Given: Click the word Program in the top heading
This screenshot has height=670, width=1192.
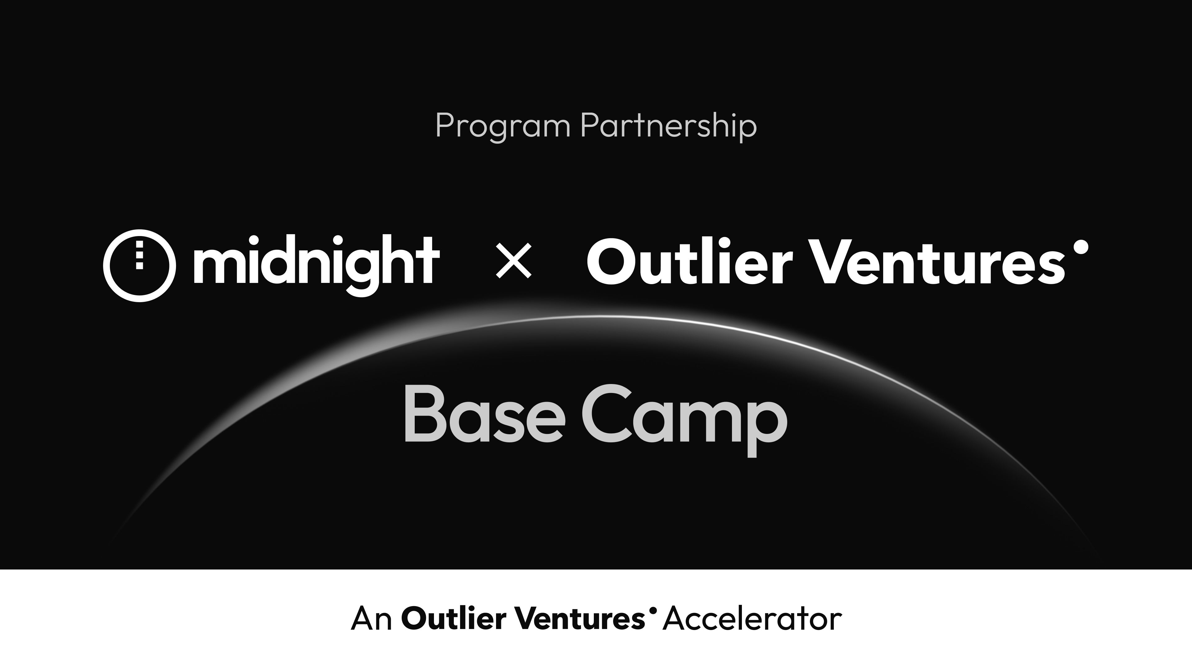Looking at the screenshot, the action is pos(503,126).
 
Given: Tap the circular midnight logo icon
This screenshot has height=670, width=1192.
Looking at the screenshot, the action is pos(139,266).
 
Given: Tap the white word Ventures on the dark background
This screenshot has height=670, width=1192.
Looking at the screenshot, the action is pos(939,261).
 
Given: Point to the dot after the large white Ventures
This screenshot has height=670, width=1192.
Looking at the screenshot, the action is pos(1081,247).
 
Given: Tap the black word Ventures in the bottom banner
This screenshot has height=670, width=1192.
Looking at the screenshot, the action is pos(580,618).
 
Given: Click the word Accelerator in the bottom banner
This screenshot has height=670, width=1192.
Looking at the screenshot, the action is pos(752,618).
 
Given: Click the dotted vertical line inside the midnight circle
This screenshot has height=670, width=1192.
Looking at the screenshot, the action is pos(139,254).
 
